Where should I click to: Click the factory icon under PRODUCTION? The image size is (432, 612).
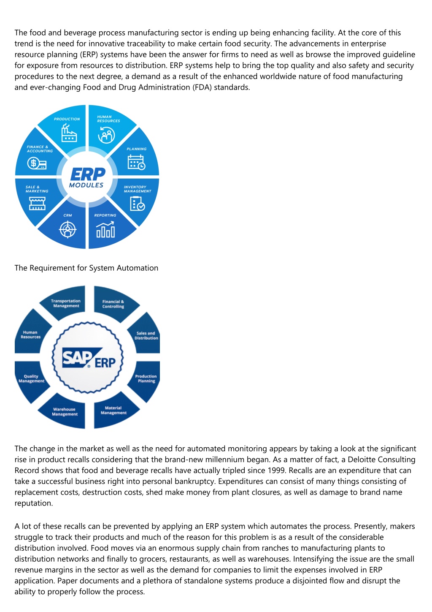point(69,133)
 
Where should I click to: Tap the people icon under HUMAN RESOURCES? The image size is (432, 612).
point(106,135)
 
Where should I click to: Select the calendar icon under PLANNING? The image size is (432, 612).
point(136,162)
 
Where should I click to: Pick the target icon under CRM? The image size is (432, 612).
point(67,229)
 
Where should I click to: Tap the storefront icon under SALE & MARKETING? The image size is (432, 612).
point(37,204)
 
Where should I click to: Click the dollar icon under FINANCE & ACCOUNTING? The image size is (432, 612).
point(37,163)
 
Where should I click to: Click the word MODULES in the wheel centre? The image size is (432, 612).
point(86,185)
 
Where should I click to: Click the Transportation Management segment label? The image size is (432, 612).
point(66,303)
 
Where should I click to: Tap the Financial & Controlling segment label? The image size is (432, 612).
point(113,304)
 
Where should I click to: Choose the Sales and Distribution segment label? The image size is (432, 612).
point(146,335)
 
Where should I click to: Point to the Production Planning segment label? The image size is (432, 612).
point(146,378)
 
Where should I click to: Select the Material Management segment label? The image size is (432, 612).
point(113,410)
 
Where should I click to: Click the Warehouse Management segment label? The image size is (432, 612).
point(65,411)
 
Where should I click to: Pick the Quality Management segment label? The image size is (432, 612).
point(31,378)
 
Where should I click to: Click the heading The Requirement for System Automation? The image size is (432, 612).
point(86,268)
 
